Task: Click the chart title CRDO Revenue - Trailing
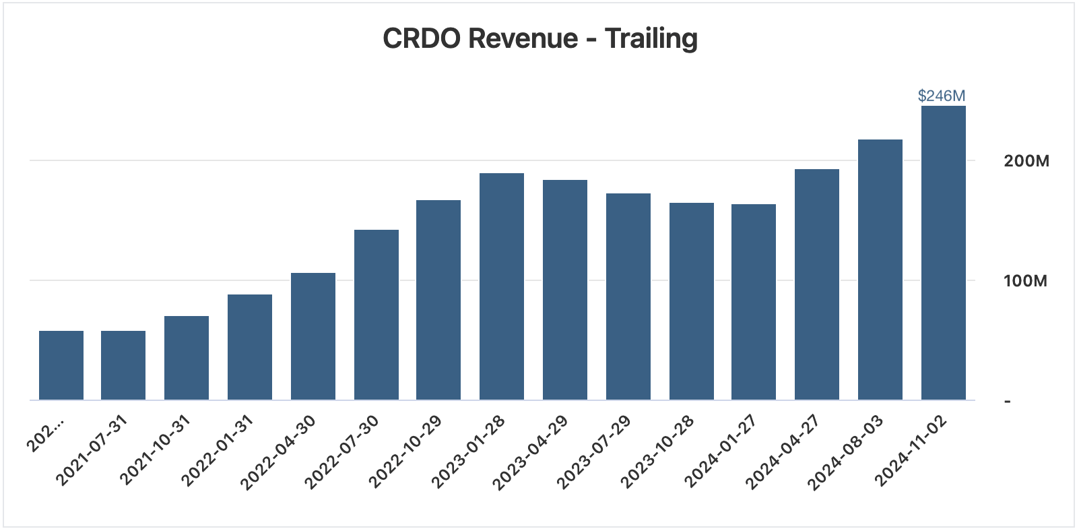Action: click(539, 38)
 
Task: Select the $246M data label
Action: click(941, 96)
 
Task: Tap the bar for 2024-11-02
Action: click(943, 253)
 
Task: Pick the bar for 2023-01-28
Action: click(501, 286)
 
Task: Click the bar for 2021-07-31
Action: click(123, 365)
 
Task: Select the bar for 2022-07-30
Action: click(376, 315)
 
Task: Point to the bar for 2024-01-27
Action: click(753, 302)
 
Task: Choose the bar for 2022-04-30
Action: click(313, 336)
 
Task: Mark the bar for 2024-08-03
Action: click(880, 270)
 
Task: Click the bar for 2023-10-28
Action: click(691, 301)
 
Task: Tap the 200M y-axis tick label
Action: click(1026, 161)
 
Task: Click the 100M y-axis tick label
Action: click(1025, 281)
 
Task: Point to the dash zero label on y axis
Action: click(1008, 402)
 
